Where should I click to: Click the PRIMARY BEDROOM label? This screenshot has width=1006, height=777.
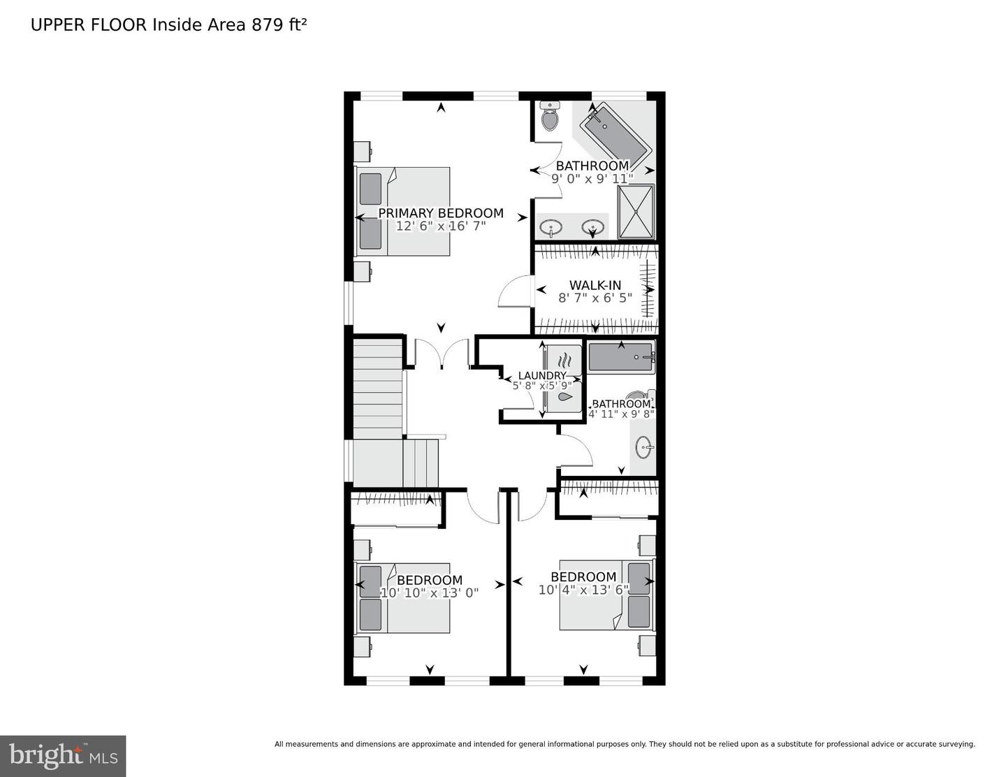pyautogui.click(x=440, y=213)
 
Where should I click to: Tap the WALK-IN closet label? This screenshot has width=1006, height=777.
pyautogui.click(x=595, y=285)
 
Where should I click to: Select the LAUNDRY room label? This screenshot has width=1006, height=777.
pyautogui.click(x=542, y=375)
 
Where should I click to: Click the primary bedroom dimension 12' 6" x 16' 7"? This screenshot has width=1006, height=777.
pyautogui.click(x=440, y=226)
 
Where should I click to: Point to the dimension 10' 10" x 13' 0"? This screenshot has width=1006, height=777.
pyautogui.click(x=429, y=593)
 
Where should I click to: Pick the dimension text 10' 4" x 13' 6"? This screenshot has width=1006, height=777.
pyautogui.click(x=583, y=590)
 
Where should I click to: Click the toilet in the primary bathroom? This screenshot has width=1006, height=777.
pyautogui.click(x=550, y=116)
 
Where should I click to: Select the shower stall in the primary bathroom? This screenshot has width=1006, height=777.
pyautogui.click(x=636, y=212)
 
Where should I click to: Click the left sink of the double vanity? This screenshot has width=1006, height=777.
pyautogui.click(x=551, y=227)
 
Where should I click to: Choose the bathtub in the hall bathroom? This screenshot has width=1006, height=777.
pyautogui.click(x=621, y=357)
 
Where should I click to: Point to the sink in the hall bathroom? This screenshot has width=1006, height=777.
pyautogui.click(x=644, y=447)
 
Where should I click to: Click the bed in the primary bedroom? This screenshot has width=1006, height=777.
pyautogui.click(x=402, y=211)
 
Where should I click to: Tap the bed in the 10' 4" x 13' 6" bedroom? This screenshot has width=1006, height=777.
pyautogui.click(x=607, y=595)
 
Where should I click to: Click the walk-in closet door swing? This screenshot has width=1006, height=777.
pyautogui.click(x=516, y=291)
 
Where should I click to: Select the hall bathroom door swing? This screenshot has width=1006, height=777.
pyautogui.click(x=576, y=450)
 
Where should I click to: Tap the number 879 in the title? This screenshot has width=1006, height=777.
pyautogui.click(x=267, y=25)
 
